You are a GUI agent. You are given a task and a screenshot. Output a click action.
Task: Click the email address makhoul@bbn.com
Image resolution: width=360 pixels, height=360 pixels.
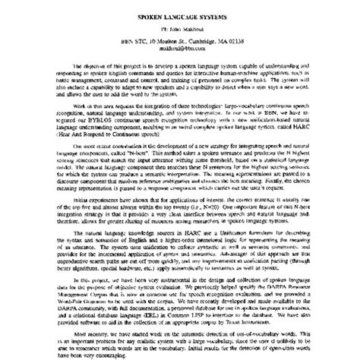point(181,47)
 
